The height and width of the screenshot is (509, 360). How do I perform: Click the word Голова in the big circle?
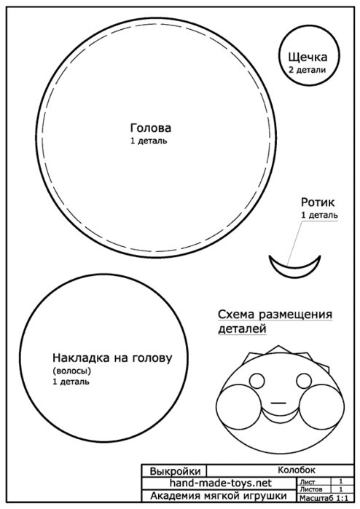click(x=150, y=128)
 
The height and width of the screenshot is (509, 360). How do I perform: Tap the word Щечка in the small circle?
click(x=308, y=57)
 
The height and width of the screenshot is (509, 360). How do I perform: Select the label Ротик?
click(x=318, y=202)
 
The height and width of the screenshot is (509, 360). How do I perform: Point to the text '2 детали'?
click(x=307, y=70)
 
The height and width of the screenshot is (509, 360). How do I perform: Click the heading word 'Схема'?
click(x=236, y=315)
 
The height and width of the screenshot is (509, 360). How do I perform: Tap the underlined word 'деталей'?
click(x=242, y=328)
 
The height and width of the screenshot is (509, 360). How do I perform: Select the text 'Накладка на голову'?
click(x=112, y=358)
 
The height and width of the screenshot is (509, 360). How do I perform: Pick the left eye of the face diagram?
click(x=257, y=380)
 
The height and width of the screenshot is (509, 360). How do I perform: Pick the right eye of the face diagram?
click(x=304, y=380)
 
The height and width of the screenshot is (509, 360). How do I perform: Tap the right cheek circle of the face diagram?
click(x=321, y=405)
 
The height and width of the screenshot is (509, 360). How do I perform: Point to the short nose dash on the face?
click(x=278, y=403)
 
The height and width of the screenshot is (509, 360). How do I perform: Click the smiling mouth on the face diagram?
click(x=280, y=419)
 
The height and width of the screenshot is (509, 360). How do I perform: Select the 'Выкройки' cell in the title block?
click(x=175, y=471)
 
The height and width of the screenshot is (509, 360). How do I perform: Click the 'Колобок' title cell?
click(x=297, y=470)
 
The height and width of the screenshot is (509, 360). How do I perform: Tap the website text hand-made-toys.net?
click(x=220, y=483)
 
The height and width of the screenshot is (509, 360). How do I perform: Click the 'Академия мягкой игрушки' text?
click(x=219, y=496)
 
